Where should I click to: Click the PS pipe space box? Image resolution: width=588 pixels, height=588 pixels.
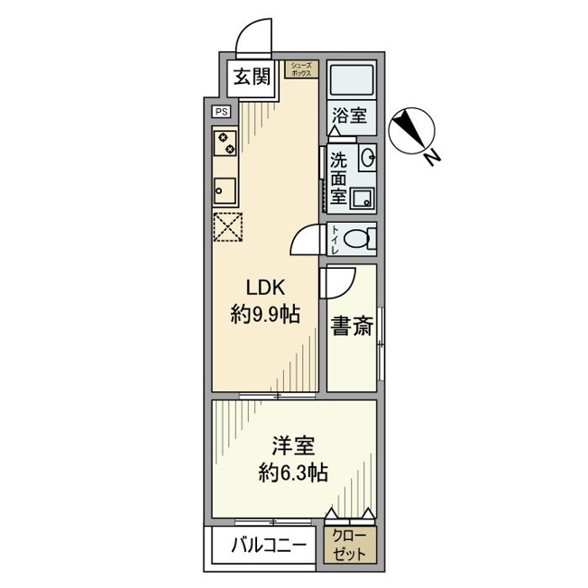pos(221,112)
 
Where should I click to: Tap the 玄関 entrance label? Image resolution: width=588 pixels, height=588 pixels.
pos(252,78)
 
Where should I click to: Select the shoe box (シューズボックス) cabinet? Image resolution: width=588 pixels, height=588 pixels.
pos(301,69)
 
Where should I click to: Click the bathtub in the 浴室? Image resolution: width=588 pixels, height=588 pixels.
pos(351,78)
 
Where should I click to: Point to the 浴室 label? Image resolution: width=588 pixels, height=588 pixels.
pos(349,115)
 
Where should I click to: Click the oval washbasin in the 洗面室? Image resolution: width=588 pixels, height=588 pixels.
pos(368,157)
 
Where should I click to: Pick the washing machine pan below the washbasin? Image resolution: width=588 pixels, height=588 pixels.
pos(363,198)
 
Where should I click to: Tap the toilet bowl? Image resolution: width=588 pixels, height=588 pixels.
pos(357,238)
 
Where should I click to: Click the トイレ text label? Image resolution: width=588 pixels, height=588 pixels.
pos(334,239)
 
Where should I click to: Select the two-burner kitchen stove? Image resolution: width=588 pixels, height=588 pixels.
pos(225,143)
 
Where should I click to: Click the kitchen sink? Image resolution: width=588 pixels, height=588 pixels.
pos(225,191)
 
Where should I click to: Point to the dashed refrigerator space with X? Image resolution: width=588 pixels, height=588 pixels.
pos(227,227)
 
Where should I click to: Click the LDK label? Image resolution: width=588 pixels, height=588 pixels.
pos(266,289)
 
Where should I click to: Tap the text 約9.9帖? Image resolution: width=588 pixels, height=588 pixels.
pos(265,315)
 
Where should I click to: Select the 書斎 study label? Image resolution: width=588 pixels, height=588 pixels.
pos(352,326)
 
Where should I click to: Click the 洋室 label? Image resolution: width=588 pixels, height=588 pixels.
pos(293,446)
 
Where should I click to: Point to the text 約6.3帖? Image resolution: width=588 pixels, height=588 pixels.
pos(293,473)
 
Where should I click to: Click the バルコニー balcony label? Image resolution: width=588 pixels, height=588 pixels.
pos(269,545)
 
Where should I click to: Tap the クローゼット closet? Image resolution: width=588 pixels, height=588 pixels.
pos(350,545)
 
